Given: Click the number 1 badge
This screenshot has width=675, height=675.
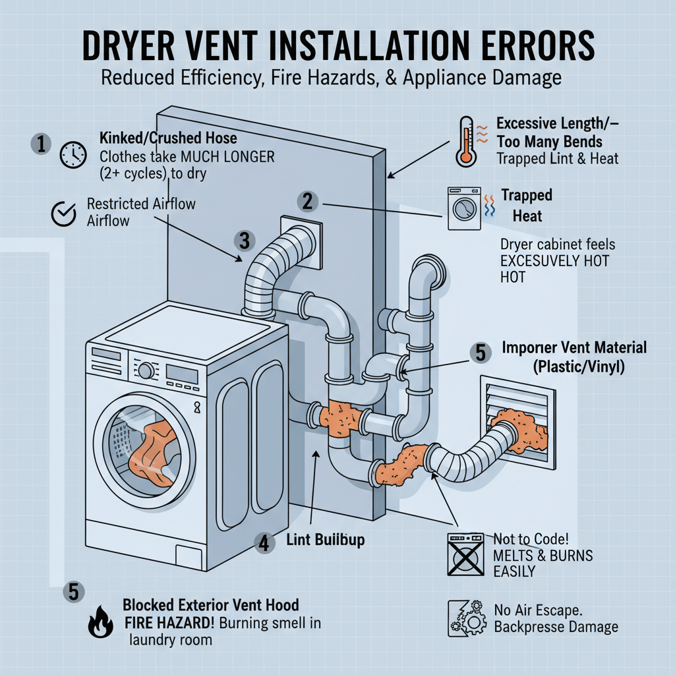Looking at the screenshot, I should click(x=41, y=144).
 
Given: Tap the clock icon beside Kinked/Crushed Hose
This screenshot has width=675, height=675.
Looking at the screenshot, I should click(x=73, y=155).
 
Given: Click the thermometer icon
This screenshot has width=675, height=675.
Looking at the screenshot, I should click(x=467, y=140).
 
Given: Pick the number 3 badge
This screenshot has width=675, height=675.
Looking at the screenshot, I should click(x=244, y=241).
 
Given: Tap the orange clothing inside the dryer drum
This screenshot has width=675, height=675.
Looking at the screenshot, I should click(x=148, y=456).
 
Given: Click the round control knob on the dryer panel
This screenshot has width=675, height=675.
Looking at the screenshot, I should click(x=146, y=371).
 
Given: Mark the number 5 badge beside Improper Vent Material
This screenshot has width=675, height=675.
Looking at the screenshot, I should click(x=480, y=353).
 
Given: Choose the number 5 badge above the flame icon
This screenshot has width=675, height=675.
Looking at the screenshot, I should click(x=73, y=591).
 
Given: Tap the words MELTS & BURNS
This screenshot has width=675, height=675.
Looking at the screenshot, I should click(x=543, y=555).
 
